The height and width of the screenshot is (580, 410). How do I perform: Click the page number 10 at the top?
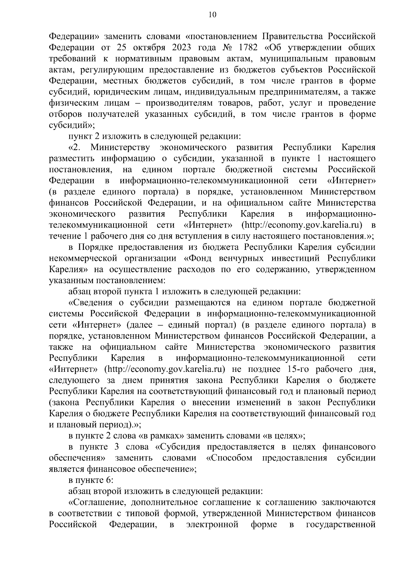click(x=212, y=14)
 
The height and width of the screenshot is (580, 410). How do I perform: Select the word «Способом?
click(x=230, y=458)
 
